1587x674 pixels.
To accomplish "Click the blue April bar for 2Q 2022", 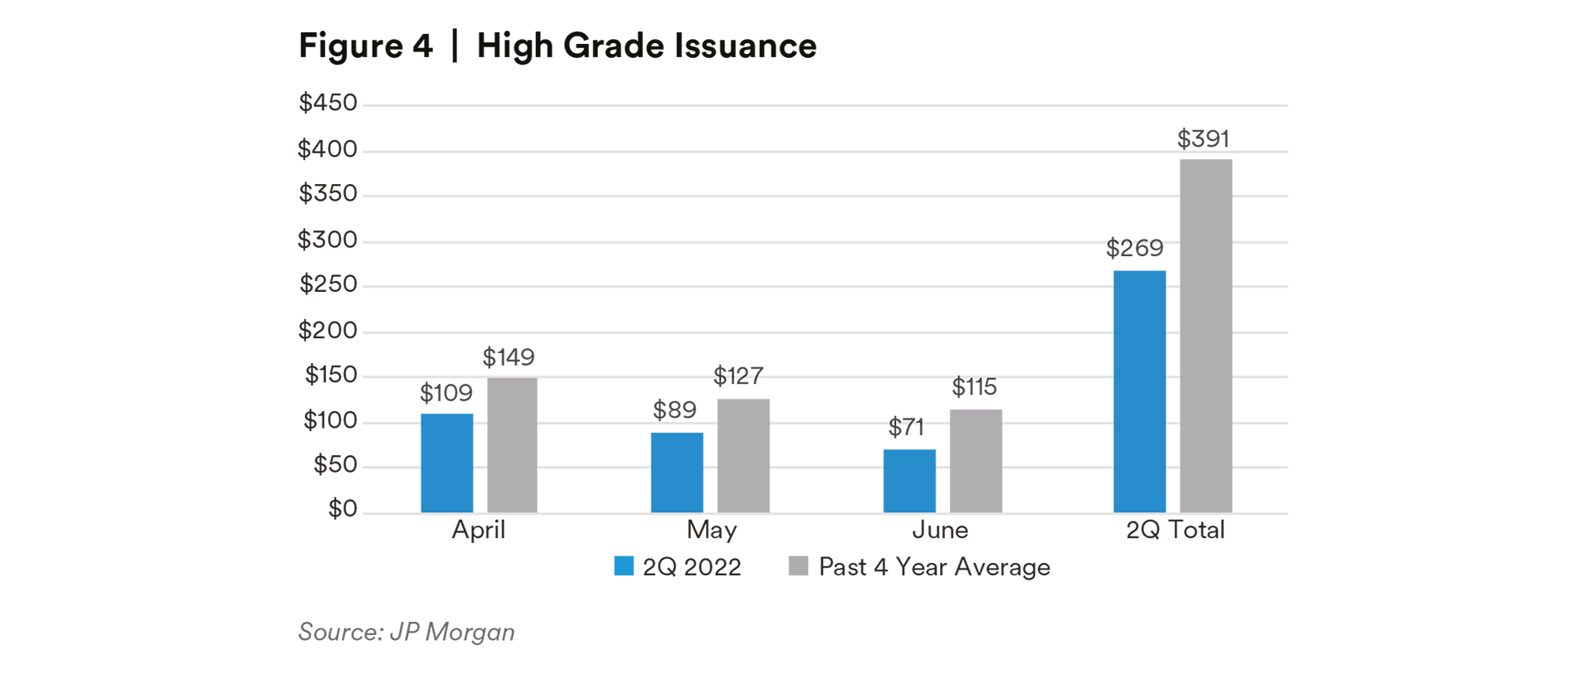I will tap(446, 463).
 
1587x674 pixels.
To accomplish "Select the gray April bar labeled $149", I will tap(512, 445).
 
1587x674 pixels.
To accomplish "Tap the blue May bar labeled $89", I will tap(677, 473).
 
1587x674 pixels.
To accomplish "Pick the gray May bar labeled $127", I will tap(743, 456).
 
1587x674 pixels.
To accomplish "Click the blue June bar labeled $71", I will tap(909, 481).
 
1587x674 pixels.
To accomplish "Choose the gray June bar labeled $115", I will tap(976, 461).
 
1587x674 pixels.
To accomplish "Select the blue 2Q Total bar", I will tap(1139, 391).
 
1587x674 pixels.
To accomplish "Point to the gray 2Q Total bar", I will tap(1205, 336).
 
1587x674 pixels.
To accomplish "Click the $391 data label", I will tap(1203, 138).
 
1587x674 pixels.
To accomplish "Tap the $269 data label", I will tap(1134, 248).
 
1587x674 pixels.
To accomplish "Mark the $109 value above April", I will tap(445, 393).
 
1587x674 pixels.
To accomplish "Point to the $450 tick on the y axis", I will tap(328, 103).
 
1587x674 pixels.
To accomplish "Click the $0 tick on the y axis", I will tap(342, 508).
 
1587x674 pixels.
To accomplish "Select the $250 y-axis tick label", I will tap(328, 284).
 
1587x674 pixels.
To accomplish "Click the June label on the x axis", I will tap(940, 530).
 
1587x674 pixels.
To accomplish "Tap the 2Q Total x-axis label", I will tap(1175, 530).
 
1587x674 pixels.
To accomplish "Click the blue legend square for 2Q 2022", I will tap(624, 566).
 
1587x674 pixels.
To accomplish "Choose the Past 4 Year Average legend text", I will tap(934, 567).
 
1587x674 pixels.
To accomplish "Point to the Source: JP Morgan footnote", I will tap(406, 632).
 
